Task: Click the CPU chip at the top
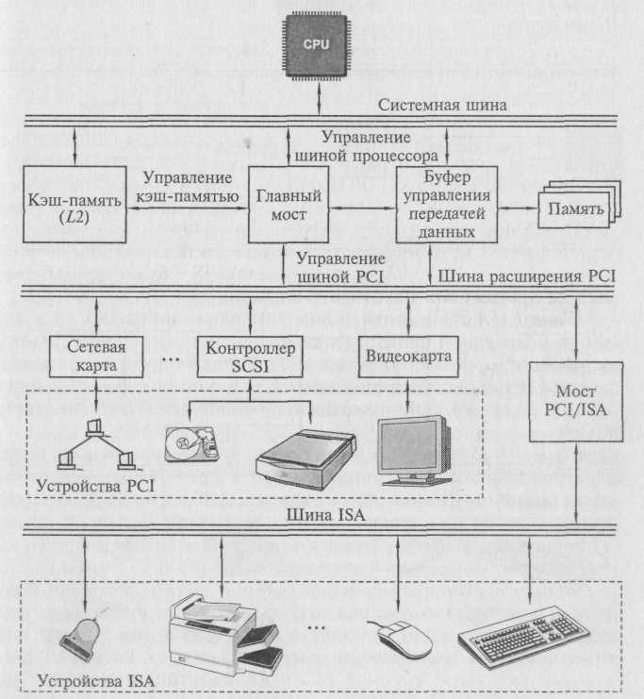click(x=316, y=44)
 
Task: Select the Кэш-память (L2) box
click(x=74, y=204)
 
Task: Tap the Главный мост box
click(x=289, y=204)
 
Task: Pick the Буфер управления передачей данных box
click(x=447, y=204)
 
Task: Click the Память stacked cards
click(x=579, y=206)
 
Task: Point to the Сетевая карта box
click(x=96, y=357)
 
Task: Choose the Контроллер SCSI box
click(x=250, y=357)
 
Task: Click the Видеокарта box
click(x=408, y=357)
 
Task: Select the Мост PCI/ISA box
click(x=576, y=401)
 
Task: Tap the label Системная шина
click(x=442, y=106)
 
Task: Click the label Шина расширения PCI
click(x=526, y=276)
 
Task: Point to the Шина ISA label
click(x=326, y=515)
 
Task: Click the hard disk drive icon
click(x=191, y=444)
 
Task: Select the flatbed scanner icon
click(x=305, y=459)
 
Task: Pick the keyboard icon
click(x=524, y=638)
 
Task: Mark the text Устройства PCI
click(x=95, y=485)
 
